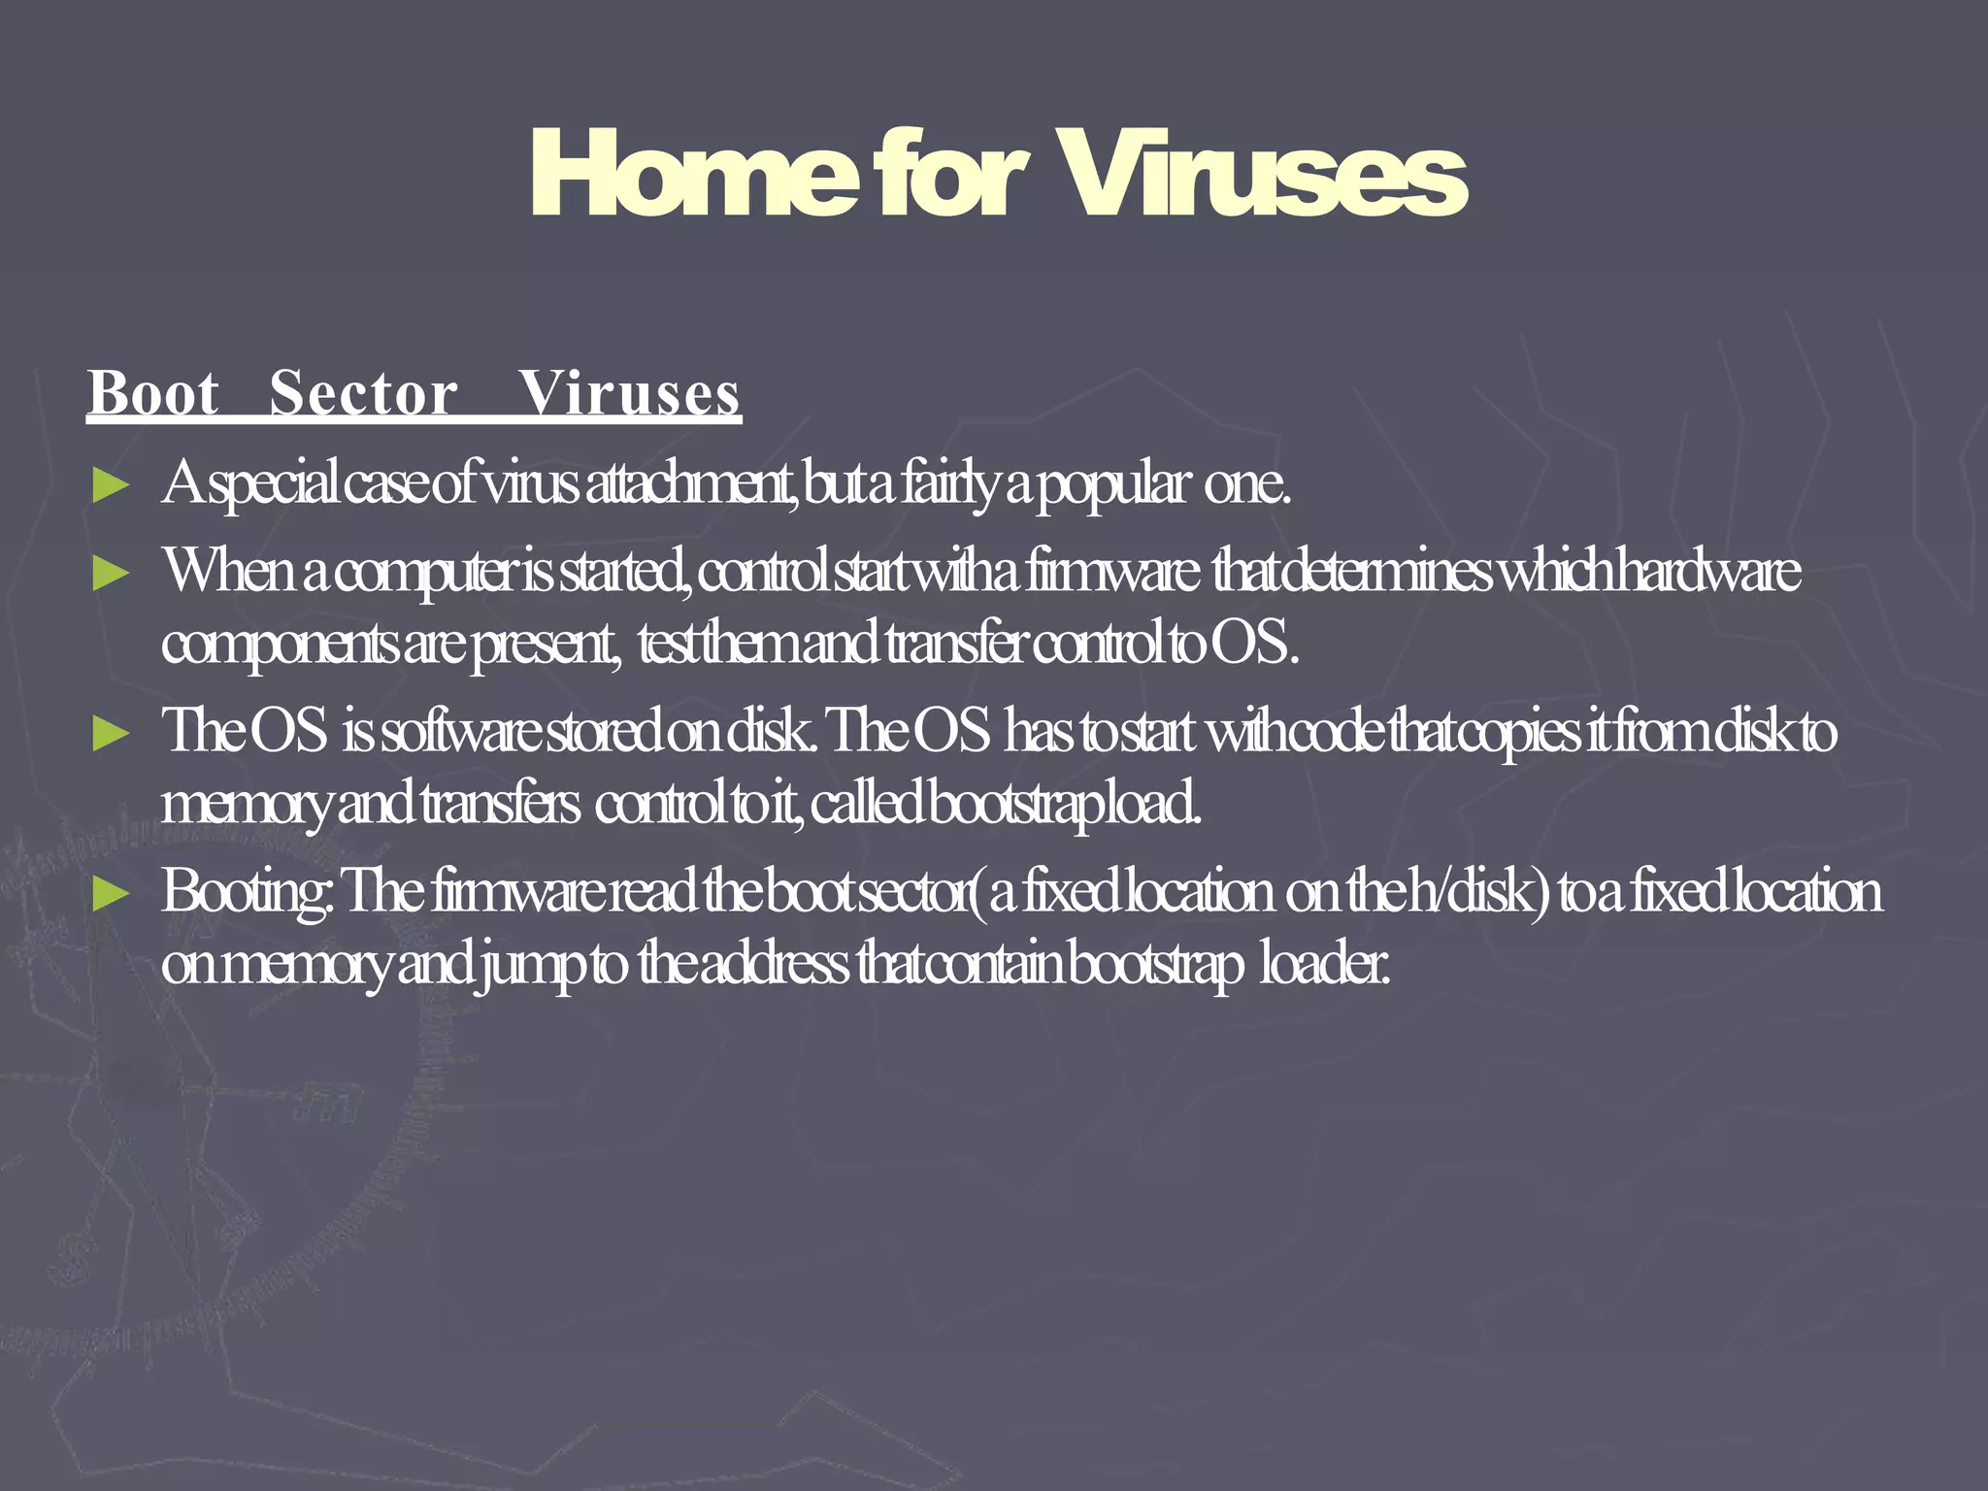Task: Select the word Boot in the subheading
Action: (153, 394)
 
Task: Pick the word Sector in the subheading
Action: (363, 394)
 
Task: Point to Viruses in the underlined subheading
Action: (629, 394)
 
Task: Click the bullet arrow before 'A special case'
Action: (111, 484)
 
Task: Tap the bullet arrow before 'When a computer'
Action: (111, 573)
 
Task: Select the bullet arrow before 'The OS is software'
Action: (111, 733)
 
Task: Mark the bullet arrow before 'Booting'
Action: (111, 893)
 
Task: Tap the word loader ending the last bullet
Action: (1324, 965)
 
